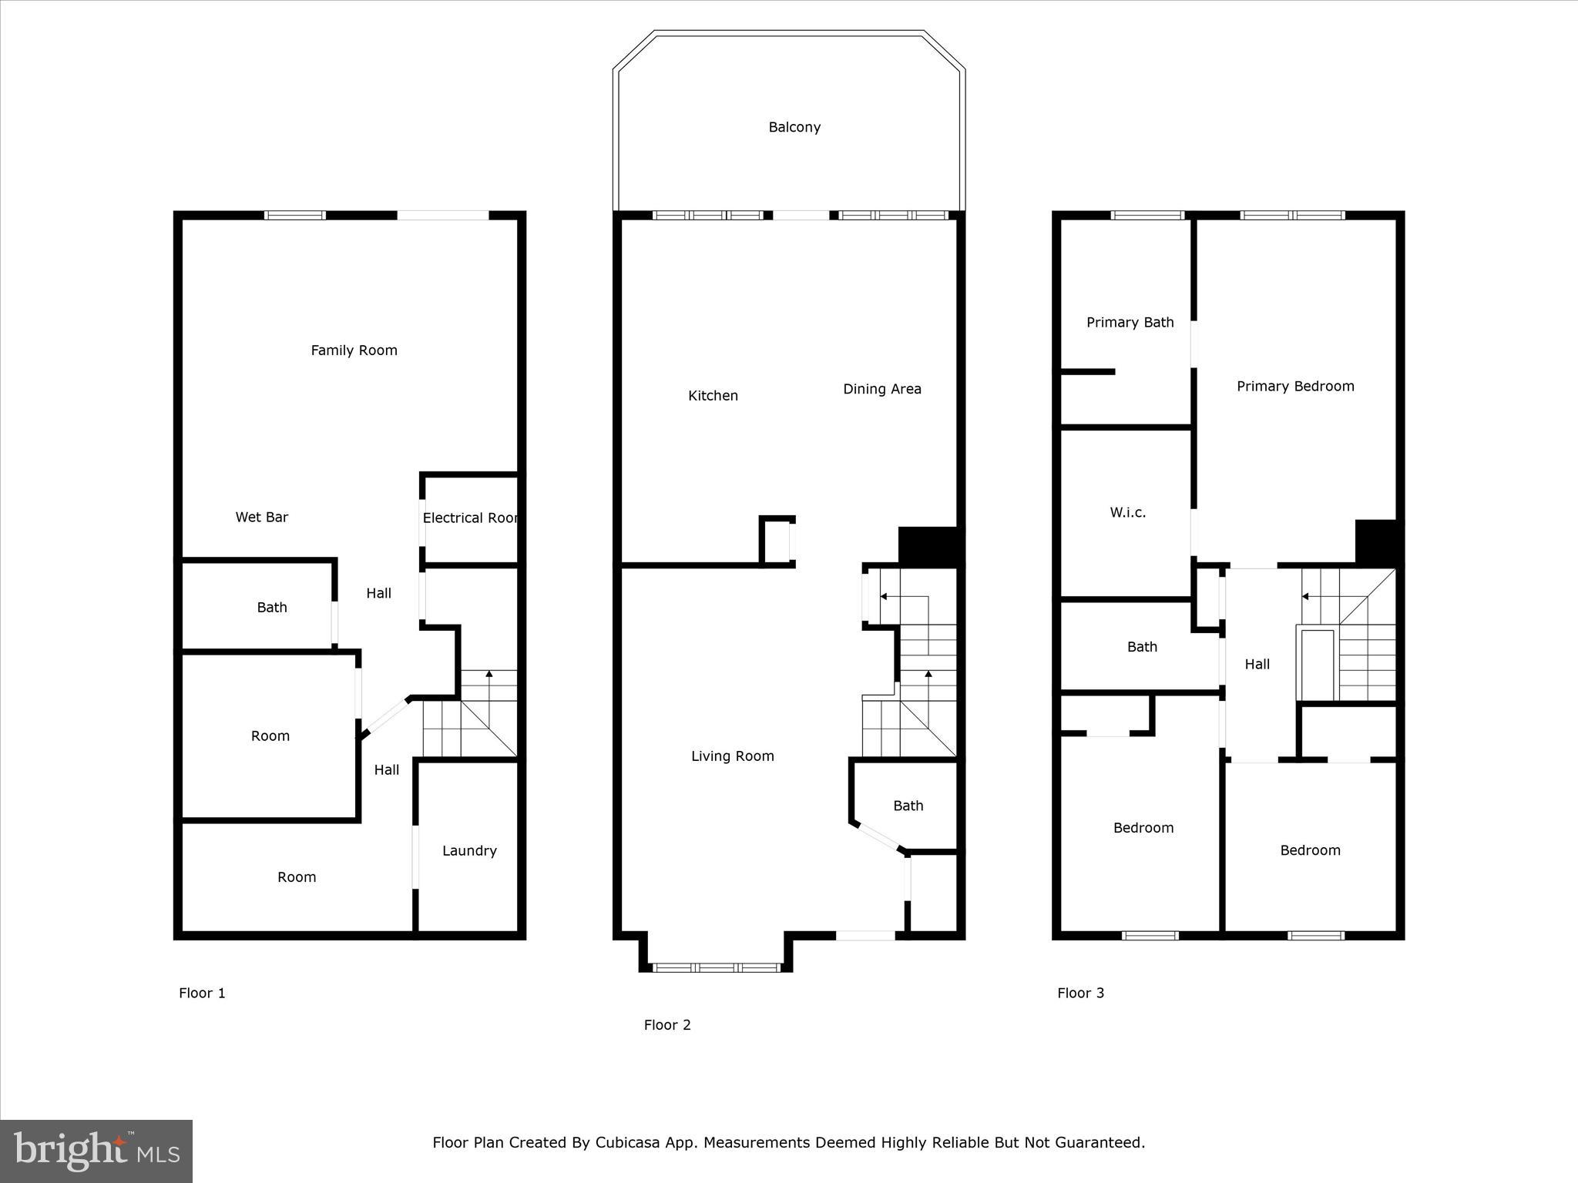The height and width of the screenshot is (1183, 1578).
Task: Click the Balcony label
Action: (794, 127)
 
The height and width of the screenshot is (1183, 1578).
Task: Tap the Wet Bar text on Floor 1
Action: (262, 517)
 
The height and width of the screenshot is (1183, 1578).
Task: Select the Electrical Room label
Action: (470, 518)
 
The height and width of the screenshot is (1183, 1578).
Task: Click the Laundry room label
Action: (469, 850)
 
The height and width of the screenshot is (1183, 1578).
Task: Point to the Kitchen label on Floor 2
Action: (713, 395)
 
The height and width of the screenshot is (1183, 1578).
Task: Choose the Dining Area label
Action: (882, 389)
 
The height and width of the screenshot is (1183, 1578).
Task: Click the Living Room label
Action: (732, 756)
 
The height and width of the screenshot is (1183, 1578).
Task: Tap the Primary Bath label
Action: (1130, 322)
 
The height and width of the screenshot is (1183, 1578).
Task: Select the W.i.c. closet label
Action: (1127, 512)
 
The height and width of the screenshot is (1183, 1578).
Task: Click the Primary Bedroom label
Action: (1295, 386)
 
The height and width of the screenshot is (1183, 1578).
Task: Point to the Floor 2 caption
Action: (667, 1024)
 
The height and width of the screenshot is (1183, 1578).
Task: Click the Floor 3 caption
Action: (1080, 993)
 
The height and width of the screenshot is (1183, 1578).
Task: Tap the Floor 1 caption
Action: (202, 993)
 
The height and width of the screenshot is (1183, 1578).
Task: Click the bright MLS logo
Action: (96, 1151)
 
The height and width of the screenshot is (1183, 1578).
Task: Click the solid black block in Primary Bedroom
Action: (1376, 542)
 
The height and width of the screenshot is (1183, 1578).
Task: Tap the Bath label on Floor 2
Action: (908, 806)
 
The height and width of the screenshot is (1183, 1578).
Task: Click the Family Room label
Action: (354, 350)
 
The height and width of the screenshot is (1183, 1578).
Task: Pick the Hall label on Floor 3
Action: (1257, 664)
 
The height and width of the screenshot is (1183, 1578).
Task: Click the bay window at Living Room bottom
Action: (716, 967)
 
